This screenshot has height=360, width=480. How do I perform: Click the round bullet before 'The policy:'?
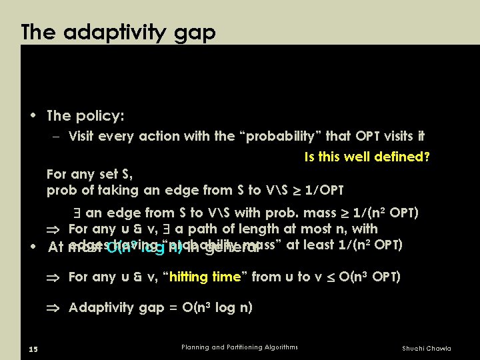(33, 115)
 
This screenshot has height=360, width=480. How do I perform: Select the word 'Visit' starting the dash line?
(82, 136)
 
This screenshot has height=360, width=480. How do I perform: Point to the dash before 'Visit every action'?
(57, 137)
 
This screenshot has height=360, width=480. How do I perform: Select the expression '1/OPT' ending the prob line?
(325, 190)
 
